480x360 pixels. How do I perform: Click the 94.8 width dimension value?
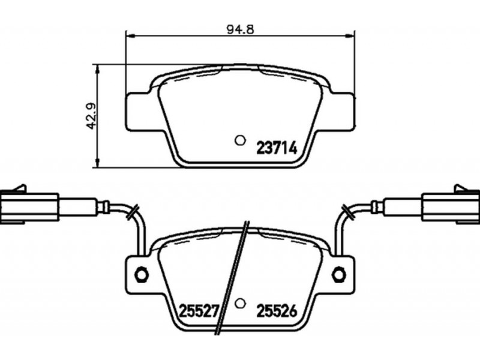coord(241,29)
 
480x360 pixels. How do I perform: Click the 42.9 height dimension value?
coord(91,116)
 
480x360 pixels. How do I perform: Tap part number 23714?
coord(277,148)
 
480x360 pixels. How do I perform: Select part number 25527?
coord(198,311)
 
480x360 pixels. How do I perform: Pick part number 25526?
coord(277,311)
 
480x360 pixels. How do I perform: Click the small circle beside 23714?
coord(241,140)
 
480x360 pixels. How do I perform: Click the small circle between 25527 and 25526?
coord(241,303)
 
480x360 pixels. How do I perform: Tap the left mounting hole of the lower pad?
coord(142,274)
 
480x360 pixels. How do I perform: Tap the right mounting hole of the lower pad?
coord(339,274)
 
